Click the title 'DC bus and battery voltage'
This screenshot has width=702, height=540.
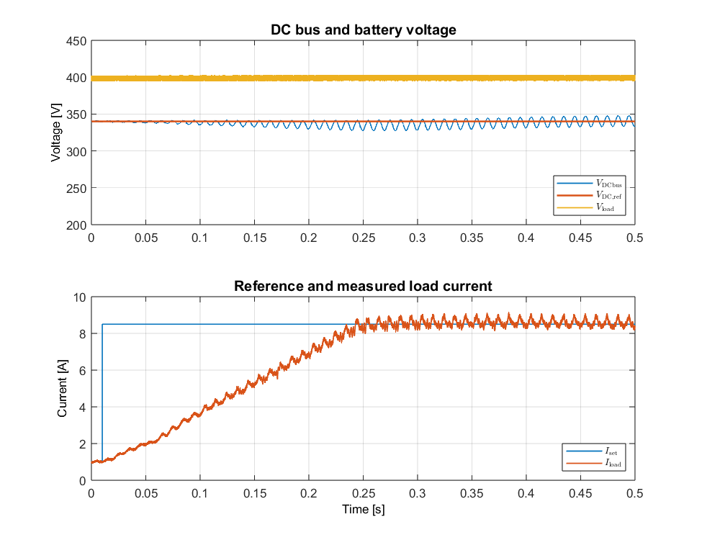(363, 30)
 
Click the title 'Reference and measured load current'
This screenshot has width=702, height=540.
(363, 286)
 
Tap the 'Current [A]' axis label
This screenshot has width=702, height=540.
(63, 389)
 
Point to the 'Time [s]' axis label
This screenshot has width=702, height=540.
(363, 510)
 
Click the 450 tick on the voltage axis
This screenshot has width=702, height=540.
(77, 41)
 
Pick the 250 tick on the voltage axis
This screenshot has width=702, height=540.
(77, 189)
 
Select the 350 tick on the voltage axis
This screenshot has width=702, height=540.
(77, 115)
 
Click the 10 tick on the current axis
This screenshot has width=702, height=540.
(79, 297)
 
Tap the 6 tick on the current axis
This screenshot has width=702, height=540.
(82, 371)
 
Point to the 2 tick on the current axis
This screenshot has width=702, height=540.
(82, 444)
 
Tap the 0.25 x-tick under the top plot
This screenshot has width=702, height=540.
(363, 237)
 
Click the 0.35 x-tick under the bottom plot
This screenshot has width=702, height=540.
(472, 493)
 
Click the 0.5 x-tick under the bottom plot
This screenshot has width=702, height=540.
(634, 493)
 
